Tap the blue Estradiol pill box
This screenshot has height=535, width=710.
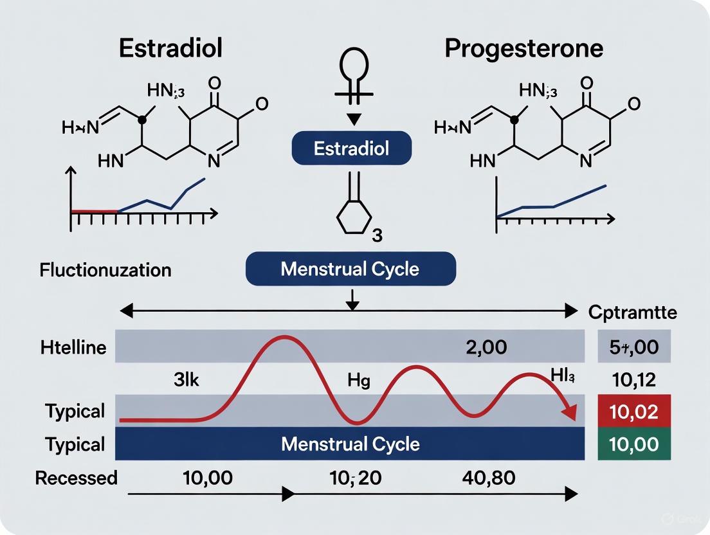[352, 149]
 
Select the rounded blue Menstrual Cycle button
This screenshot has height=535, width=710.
[351, 269]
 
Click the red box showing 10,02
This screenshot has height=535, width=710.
[634, 412]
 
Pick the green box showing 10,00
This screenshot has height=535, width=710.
[634, 444]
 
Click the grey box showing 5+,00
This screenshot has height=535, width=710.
[634, 348]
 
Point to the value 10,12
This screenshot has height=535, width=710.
[634, 380]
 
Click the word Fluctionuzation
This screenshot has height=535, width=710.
[105, 269]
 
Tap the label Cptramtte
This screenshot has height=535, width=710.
[633, 313]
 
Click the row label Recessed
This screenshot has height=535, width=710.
[77, 478]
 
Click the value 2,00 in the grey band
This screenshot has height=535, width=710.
[486, 348]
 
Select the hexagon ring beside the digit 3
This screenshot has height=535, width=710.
[352, 219]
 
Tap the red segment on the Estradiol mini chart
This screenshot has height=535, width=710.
[94, 210]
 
